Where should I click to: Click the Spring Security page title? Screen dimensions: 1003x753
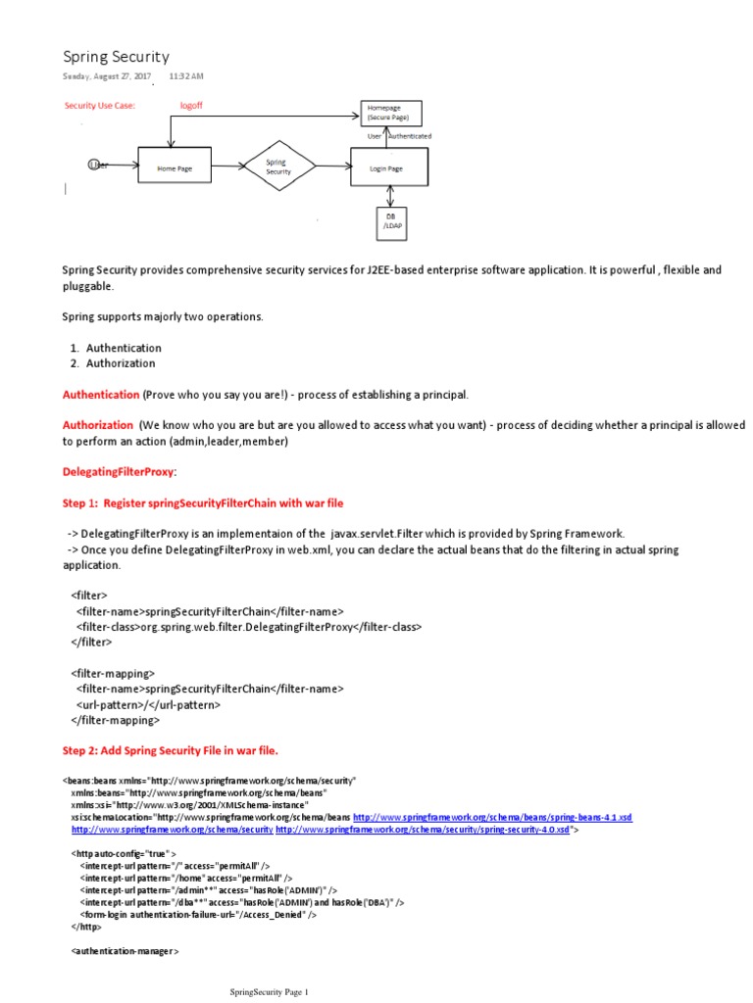pos(116,57)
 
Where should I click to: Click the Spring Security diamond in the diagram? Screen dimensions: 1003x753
pos(277,167)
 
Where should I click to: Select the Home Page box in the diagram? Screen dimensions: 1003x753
pos(175,168)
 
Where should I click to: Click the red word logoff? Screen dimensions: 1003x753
pos(191,105)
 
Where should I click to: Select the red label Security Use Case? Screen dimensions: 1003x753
pos(99,105)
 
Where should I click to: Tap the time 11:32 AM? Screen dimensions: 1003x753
pos(186,75)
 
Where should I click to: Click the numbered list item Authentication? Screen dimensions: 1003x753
pos(124,348)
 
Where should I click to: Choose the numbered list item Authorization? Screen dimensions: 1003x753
pos(121,363)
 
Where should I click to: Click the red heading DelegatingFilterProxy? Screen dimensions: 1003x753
pos(120,472)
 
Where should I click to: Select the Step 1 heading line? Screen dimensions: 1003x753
pos(203,503)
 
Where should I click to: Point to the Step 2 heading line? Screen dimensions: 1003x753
pos(171,750)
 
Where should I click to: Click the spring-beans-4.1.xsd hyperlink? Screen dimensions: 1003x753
pos(492,816)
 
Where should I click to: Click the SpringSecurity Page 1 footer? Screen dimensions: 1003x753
pos(269,991)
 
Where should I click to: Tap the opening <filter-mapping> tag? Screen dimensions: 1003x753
pos(113,673)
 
